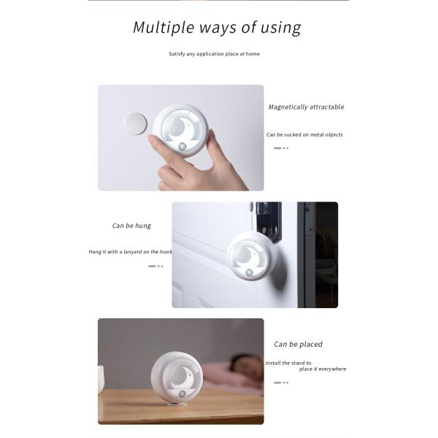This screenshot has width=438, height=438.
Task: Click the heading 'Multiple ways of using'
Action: coord(217,28)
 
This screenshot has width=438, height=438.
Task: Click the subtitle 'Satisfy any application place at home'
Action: coord(214,54)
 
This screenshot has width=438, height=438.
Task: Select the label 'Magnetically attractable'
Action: coord(306,107)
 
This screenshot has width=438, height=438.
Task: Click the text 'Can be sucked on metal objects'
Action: coord(304,134)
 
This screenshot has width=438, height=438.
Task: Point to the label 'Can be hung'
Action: coord(131,226)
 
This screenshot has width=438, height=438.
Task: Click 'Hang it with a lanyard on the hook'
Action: coord(130,252)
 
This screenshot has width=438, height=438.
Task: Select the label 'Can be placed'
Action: coord(298,344)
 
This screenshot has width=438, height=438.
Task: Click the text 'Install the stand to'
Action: coord(288,363)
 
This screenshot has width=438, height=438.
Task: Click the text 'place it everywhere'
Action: coord(323,369)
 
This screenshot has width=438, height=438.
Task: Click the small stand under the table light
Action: coord(175,403)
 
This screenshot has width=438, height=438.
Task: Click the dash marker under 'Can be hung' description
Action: coord(155,266)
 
